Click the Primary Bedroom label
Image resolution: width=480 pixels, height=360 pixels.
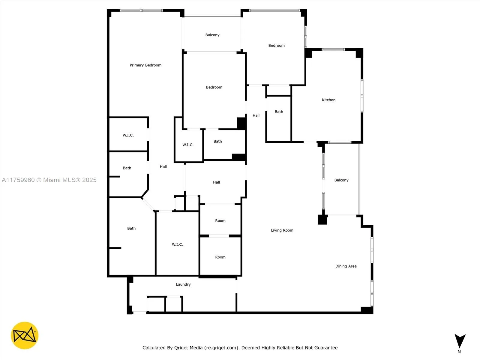145,65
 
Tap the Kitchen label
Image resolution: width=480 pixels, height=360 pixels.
328,100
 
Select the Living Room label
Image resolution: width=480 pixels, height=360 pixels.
282,230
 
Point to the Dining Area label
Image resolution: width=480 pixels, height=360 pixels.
346,266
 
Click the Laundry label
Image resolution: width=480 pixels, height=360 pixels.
183,284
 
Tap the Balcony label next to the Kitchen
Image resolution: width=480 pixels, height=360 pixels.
341,180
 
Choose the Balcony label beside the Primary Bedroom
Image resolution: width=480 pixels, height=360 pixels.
212,35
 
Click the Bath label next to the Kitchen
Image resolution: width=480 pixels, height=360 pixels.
279,112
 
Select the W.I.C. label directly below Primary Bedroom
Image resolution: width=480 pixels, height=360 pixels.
128,135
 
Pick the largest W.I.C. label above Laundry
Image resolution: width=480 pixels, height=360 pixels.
177,244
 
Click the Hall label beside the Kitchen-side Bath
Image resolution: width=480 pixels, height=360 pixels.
256,115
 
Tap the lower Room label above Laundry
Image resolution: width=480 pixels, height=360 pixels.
220,257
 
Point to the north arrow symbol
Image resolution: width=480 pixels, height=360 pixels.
460,341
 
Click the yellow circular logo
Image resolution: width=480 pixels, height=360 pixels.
25,335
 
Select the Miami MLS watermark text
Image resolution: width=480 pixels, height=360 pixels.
49,180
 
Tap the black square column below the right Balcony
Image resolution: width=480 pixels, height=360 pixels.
322,220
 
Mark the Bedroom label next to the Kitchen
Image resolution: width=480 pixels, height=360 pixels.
276,46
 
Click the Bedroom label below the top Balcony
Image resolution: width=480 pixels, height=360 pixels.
214,87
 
